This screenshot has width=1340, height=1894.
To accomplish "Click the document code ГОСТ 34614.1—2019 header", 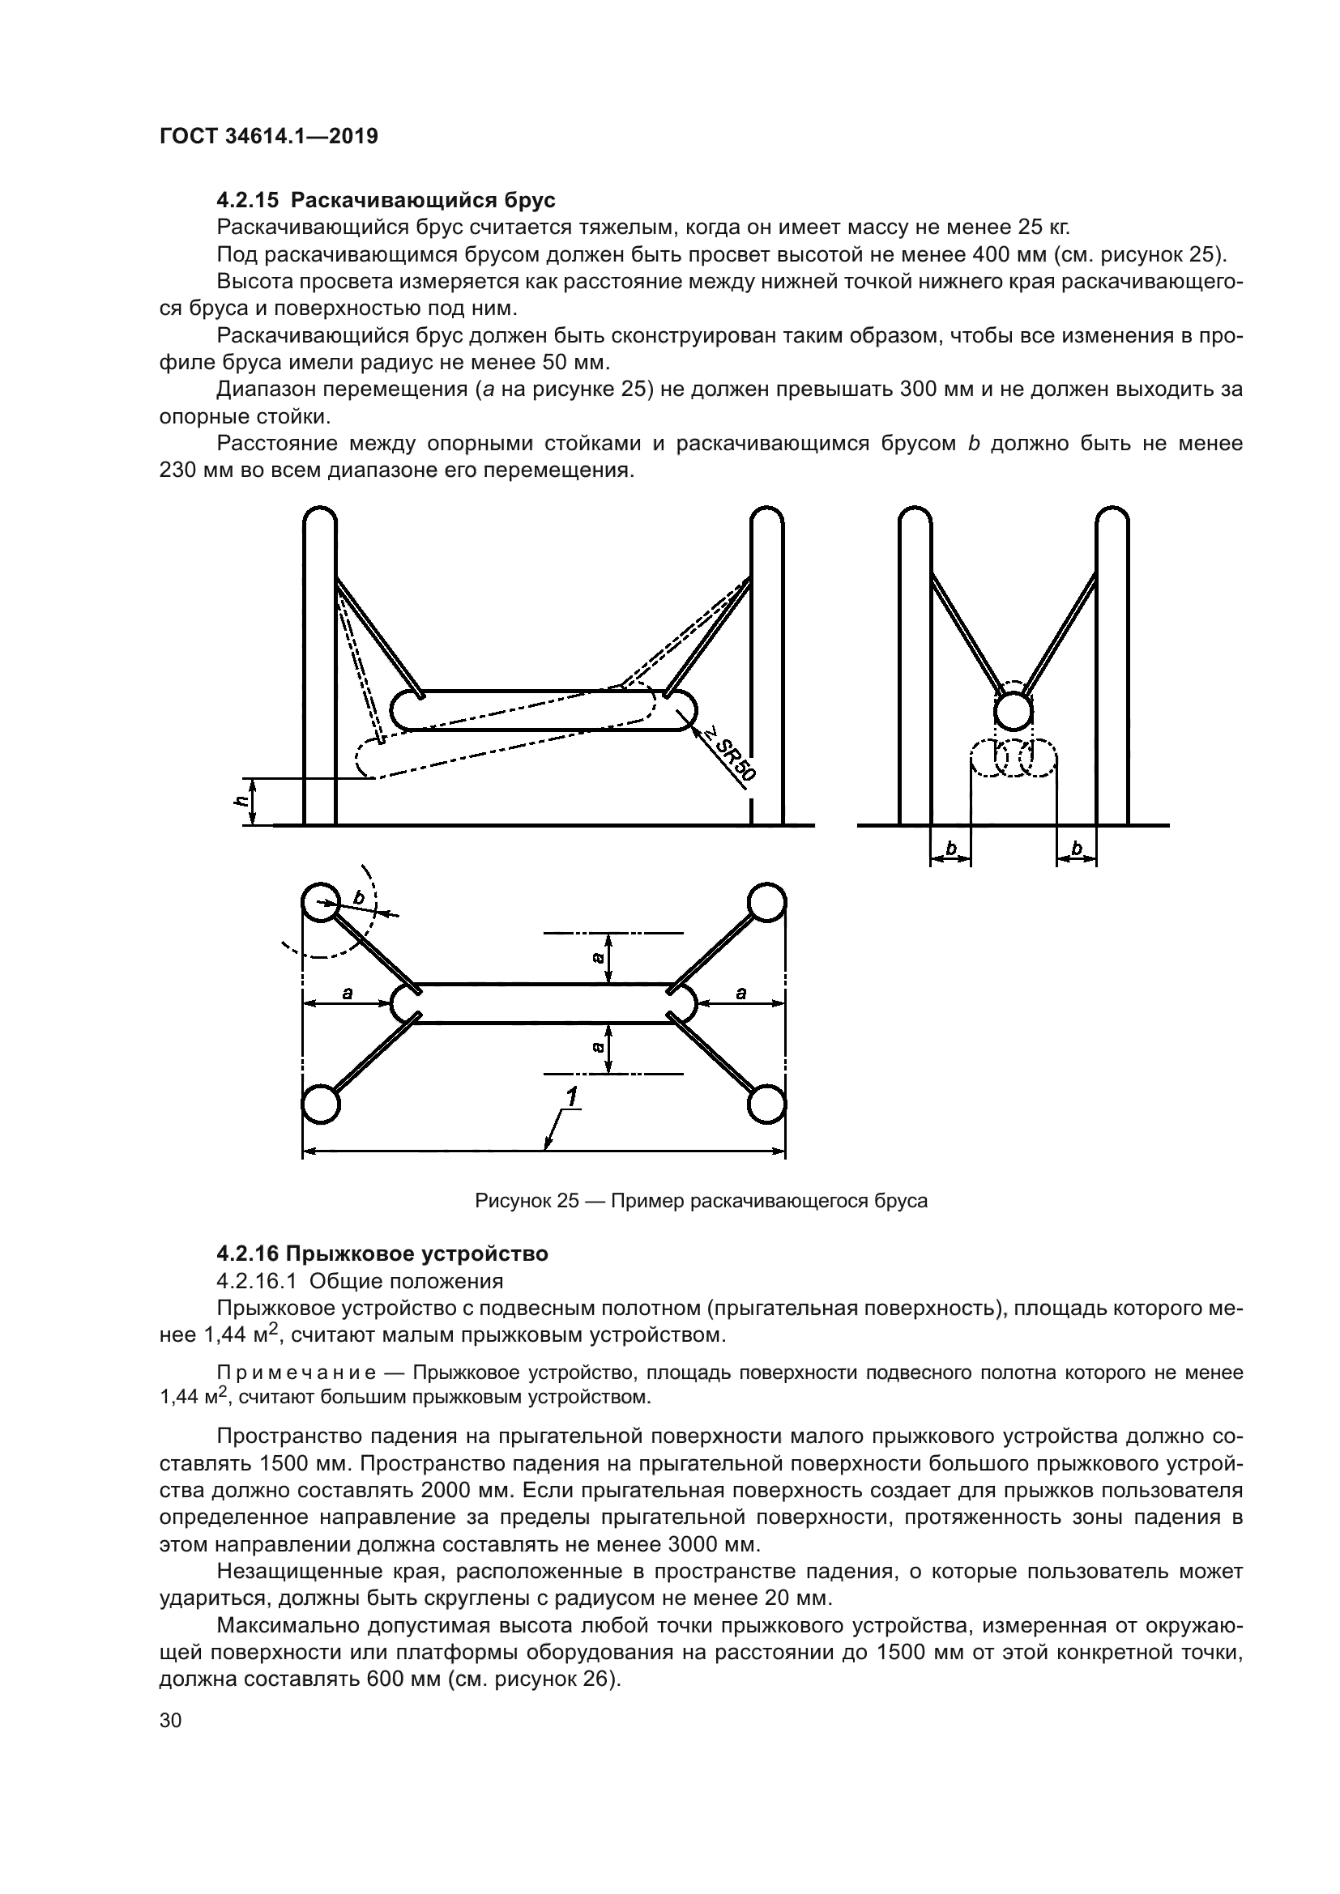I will (268, 136).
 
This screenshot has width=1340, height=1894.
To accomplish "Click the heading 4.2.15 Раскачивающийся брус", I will (386, 201).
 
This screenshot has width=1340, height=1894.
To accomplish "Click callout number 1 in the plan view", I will (571, 1097).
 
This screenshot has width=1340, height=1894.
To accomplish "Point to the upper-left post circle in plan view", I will (320, 904).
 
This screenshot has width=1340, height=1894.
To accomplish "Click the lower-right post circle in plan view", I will (766, 1104).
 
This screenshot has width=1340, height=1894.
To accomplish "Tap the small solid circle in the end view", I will (1014, 710).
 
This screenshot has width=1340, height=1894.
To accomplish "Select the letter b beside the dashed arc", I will (358, 897).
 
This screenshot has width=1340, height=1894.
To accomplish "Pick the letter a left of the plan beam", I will (348, 994).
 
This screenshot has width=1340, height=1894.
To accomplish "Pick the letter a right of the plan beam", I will (740, 994).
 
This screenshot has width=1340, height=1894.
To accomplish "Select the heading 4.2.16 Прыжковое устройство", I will (382, 1253).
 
